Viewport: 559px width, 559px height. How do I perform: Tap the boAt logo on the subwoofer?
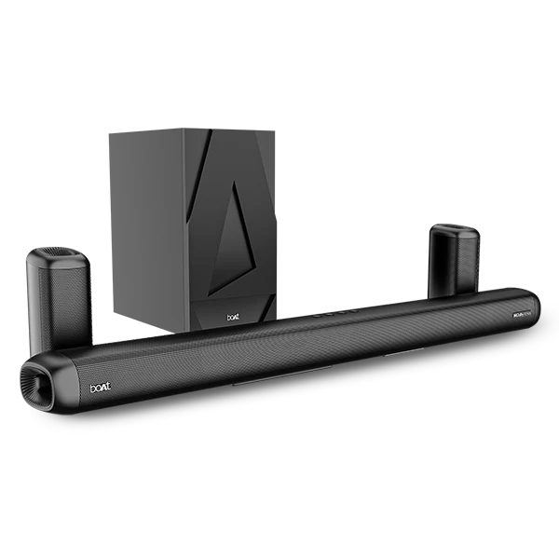click(x=233, y=316)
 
